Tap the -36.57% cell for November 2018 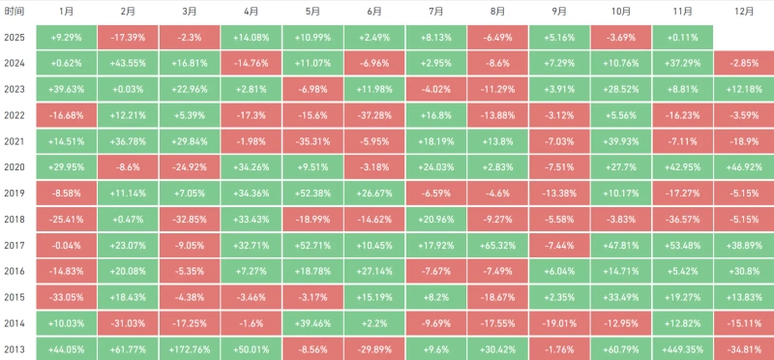tap(681, 220)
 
